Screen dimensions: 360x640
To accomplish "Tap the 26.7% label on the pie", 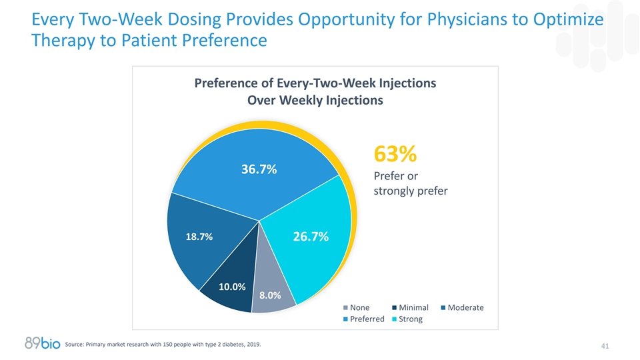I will point(311,237).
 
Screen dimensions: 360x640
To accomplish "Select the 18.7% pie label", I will point(199,237).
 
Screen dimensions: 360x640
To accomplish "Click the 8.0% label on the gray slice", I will point(269,295).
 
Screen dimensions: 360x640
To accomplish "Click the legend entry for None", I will point(356,307).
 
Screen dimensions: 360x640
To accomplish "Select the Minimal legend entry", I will point(409,307).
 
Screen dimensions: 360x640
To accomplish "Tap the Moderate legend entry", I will point(461,307).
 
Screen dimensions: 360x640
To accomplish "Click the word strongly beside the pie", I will point(394,192).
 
